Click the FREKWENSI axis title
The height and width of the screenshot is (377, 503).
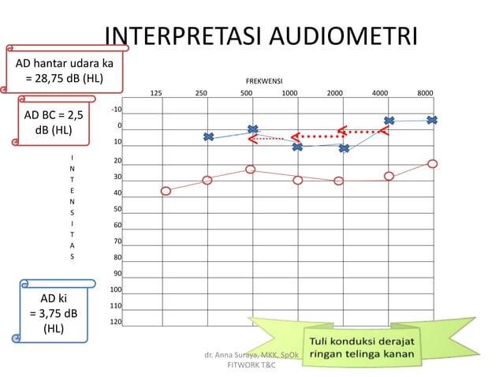tap(264, 81)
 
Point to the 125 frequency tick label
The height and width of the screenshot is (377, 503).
tap(156, 93)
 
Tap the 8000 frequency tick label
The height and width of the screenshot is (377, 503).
tap(425, 93)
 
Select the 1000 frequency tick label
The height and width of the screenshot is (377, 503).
tap(289, 93)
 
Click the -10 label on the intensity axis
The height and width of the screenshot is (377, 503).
tap(117, 109)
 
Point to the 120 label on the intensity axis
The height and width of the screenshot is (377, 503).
tap(116, 322)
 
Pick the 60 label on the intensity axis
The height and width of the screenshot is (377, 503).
tap(117, 226)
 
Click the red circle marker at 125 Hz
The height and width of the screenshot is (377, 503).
tap(166, 191)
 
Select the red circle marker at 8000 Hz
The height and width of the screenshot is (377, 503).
tap(433, 163)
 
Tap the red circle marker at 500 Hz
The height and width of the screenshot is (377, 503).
tap(250, 169)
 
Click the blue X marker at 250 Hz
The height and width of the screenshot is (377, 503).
tap(208, 137)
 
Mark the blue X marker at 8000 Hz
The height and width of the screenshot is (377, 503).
tap(432, 120)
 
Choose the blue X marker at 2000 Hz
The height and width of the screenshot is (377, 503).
tap(344, 148)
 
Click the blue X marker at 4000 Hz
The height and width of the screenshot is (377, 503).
tap(389, 121)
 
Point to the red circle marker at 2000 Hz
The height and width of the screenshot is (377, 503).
tap(339, 181)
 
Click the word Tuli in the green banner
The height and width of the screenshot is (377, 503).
tap(322, 342)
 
